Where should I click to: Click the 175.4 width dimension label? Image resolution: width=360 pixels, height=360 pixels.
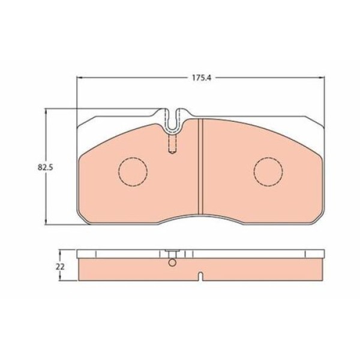202,78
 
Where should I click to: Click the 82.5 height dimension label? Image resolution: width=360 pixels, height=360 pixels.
45,167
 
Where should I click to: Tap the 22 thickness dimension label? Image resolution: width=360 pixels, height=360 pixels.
61,267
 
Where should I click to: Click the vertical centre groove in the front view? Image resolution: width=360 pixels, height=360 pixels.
200,166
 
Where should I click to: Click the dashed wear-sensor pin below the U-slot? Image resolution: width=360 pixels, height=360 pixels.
172,144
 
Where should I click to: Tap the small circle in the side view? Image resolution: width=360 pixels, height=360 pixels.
172,263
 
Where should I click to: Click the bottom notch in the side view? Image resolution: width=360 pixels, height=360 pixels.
200,276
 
